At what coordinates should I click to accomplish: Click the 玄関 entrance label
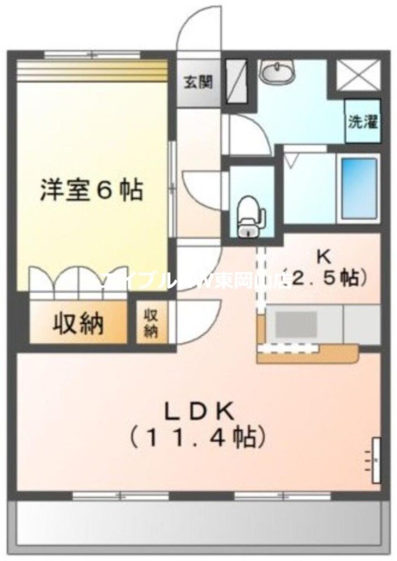tap(197, 83)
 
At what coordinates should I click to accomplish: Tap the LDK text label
tap(198, 413)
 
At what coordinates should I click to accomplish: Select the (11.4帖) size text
tap(198, 438)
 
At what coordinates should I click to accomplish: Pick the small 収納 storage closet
tap(150, 323)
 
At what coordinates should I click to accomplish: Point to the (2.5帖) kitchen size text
tap(326, 279)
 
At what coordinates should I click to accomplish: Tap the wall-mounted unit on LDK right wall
tap(376, 460)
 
